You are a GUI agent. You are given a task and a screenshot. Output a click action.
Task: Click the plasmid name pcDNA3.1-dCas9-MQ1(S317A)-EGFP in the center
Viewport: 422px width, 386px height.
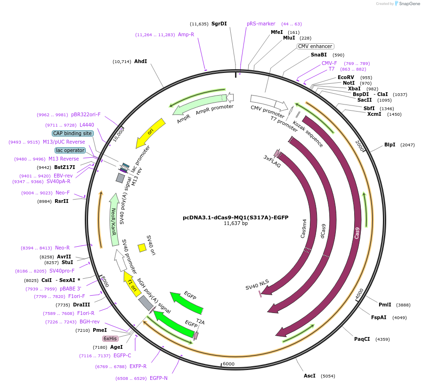(x=235, y=217)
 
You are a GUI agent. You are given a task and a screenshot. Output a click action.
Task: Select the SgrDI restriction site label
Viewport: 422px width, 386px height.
(x=219, y=24)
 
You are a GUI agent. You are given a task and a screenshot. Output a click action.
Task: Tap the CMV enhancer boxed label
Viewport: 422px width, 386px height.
(x=315, y=46)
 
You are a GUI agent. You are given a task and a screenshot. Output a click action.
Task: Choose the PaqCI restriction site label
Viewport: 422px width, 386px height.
(x=362, y=339)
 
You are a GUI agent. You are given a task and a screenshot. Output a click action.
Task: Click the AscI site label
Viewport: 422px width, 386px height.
(x=309, y=376)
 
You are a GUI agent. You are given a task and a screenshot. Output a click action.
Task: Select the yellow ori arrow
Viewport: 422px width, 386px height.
(x=151, y=133)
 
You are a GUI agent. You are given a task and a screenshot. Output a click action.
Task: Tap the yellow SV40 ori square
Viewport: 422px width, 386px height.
(x=141, y=248)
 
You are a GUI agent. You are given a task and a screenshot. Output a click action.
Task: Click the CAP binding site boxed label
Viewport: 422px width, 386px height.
(x=73, y=133)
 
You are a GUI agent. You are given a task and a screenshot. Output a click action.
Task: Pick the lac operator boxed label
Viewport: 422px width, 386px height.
(x=70, y=150)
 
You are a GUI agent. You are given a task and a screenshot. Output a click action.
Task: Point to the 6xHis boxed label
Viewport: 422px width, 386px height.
(x=110, y=338)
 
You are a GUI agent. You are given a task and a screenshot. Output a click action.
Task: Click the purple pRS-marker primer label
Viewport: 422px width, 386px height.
(x=261, y=24)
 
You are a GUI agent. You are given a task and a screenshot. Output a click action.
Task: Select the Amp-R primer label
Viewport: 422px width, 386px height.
(x=186, y=34)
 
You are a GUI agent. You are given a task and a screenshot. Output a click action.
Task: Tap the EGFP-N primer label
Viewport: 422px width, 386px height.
(x=159, y=378)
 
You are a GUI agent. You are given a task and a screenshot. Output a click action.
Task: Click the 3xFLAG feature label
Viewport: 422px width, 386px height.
(x=272, y=159)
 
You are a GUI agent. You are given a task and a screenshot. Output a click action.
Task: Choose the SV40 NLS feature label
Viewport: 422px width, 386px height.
(x=257, y=284)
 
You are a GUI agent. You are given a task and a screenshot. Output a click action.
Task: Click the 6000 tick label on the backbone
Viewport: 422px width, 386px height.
(x=228, y=364)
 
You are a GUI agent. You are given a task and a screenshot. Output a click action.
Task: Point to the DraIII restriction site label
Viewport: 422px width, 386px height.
(x=81, y=305)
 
